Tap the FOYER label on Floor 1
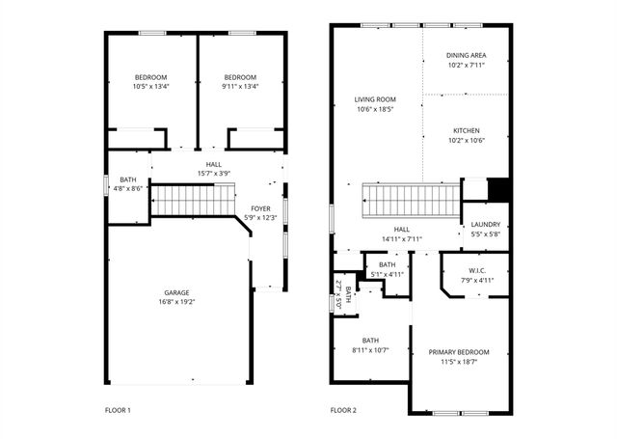(x=260, y=208)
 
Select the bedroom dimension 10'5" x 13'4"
(x=150, y=87)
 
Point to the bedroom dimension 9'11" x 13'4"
(x=240, y=87)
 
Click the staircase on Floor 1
(x=189, y=201)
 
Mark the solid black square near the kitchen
(x=497, y=190)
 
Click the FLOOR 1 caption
(x=118, y=410)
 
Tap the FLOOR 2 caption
(x=343, y=410)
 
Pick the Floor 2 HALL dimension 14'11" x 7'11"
(x=402, y=238)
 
